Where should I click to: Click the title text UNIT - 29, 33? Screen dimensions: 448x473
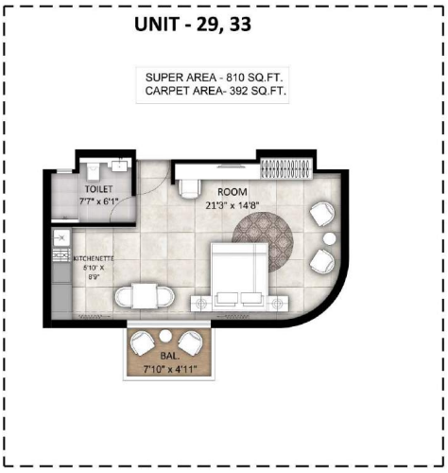pyautogui.click(x=193, y=25)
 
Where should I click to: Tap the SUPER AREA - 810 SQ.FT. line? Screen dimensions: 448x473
pyautogui.click(x=215, y=78)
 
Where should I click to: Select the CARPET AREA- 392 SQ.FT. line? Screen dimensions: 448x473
pyautogui.click(x=215, y=91)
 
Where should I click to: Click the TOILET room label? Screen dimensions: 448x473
pyautogui.click(x=98, y=189)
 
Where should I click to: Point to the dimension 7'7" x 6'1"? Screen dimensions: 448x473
pyautogui.click(x=98, y=201)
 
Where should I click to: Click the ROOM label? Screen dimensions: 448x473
pyautogui.click(x=233, y=192)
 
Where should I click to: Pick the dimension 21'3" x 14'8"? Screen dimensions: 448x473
pyautogui.click(x=233, y=205)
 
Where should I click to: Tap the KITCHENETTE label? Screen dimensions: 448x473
pyautogui.click(x=94, y=258)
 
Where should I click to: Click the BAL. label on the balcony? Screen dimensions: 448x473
pyautogui.click(x=170, y=356)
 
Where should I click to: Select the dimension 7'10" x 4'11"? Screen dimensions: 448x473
pyautogui.click(x=170, y=369)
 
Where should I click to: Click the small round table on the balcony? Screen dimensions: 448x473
pyautogui.click(x=164, y=336)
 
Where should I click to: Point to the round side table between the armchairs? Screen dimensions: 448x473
pyautogui.click(x=330, y=238)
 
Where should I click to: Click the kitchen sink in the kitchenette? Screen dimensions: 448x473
pyautogui.click(x=61, y=238)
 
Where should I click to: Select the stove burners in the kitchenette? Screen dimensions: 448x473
pyautogui.click(x=61, y=254)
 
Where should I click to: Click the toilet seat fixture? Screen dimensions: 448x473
pyautogui.click(x=93, y=170)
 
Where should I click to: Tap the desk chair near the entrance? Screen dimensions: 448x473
pyautogui.click(x=189, y=188)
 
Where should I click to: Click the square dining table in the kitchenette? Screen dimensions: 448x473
pyautogui.click(x=145, y=296)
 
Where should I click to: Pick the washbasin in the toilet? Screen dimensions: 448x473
pyautogui.click(x=120, y=166)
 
